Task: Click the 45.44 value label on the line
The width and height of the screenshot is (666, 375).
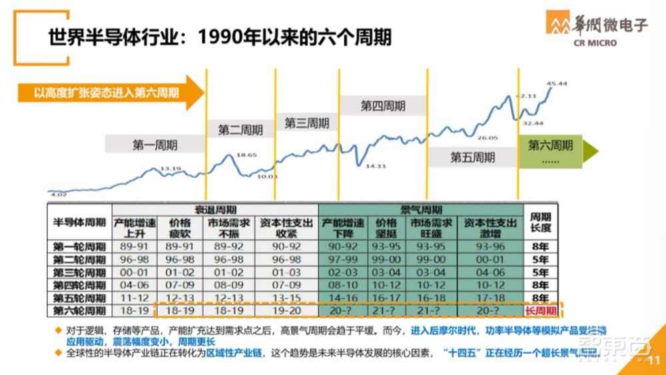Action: (557, 83)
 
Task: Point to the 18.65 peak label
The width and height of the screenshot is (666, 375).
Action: (246, 154)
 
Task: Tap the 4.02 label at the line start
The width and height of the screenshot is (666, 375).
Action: (58, 194)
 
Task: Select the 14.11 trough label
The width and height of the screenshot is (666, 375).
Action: (376, 166)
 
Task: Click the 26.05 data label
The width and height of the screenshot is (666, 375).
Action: (488, 138)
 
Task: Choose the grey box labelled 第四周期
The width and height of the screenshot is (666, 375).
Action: (383, 106)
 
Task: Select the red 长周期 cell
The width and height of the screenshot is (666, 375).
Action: (540, 310)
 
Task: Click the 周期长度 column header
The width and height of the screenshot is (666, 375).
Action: (540, 223)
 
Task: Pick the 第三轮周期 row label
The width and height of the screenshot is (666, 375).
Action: (79, 272)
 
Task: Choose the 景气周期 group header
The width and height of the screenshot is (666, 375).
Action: (421, 209)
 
